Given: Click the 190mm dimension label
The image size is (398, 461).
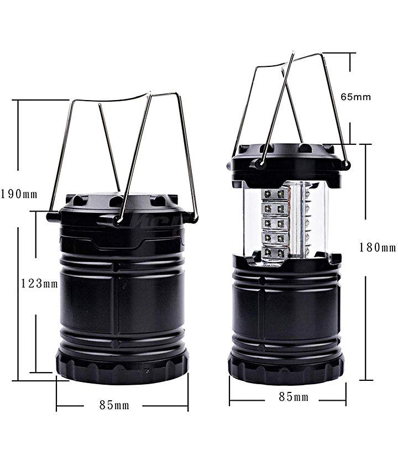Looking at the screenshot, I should (19, 194).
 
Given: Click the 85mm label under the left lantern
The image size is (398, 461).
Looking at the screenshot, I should (114, 405).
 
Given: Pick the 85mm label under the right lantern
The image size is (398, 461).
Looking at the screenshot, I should (294, 397).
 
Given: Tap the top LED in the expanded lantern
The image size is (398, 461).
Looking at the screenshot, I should (275, 195).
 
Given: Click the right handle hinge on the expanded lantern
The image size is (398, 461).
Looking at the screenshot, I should (347, 164).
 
